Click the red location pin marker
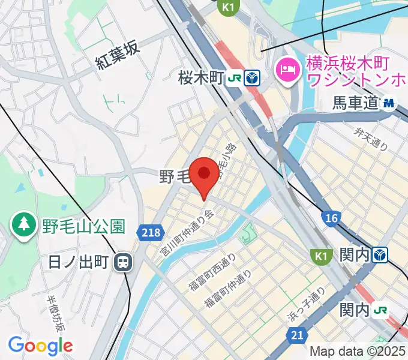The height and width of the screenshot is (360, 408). (x=204, y=175)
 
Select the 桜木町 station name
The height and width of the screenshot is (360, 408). (x=200, y=77)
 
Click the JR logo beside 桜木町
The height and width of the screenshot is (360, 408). (x=235, y=78)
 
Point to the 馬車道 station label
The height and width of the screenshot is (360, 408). (x=356, y=103)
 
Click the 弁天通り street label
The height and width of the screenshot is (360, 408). (x=371, y=139)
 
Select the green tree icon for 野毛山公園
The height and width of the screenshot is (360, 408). (x=23, y=224)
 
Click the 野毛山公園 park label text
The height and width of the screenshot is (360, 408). (x=83, y=226)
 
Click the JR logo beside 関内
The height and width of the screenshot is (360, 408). (x=380, y=310)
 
